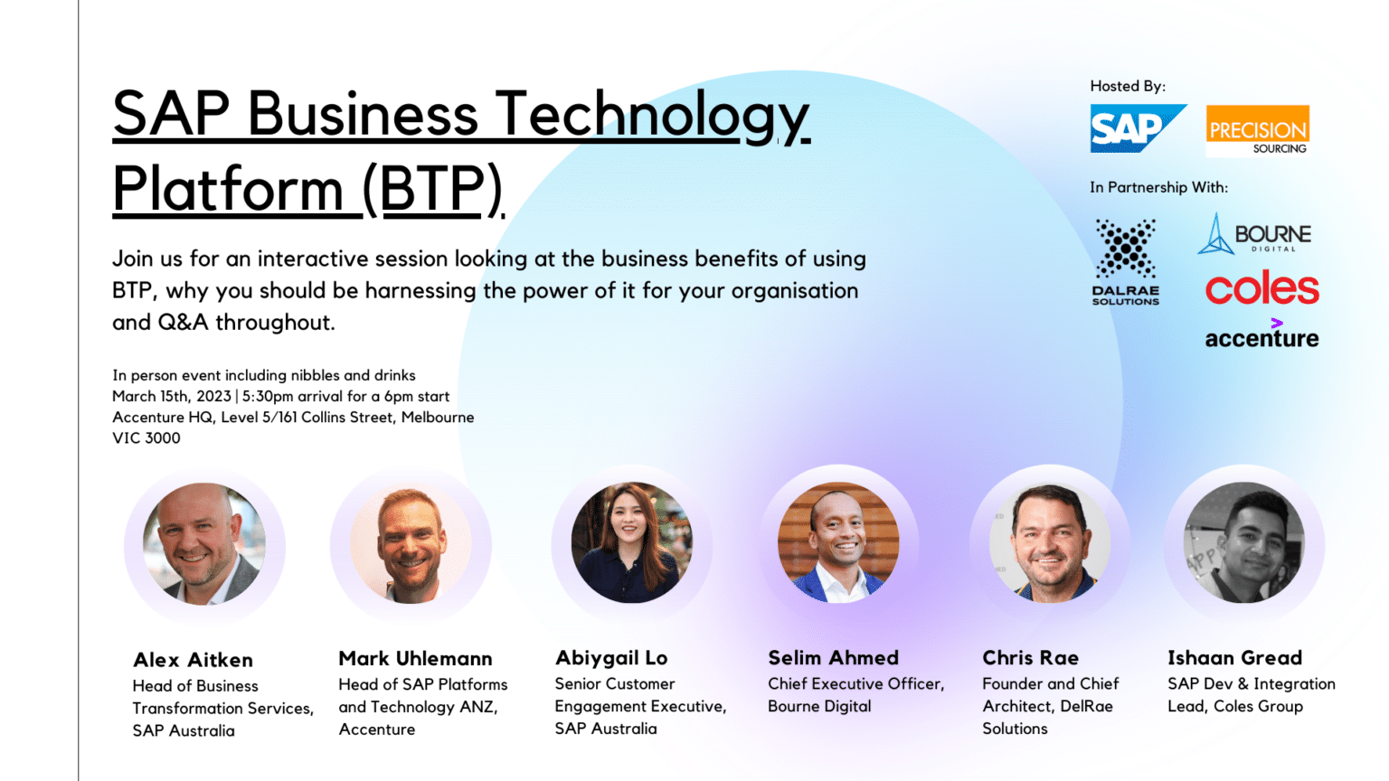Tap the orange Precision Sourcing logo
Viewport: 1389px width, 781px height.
(x=1258, y=131)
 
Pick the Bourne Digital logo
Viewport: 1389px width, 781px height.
(x=1254, y=234)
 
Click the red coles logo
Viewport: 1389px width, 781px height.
(x=1261, y=287)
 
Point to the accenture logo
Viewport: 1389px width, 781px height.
(x=1261, y=334)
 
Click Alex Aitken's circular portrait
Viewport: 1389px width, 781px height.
(x=204, y=543)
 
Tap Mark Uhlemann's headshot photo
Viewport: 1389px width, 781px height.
(x=411, y=543)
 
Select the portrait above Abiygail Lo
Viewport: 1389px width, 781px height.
(x=632, y=543)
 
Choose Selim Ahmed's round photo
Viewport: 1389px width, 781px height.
(x=838, y=543)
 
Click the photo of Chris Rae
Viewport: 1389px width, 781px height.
(x=1050, y=543)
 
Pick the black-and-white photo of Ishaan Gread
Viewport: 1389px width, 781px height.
(x=1244, y=543)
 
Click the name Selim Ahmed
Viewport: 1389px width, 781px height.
(x=834, y=658)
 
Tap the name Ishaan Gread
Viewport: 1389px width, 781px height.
(x=1234, y=658)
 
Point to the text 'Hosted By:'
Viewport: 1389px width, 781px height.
(x=1128, y=86)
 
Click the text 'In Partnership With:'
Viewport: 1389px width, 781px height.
(x=1159, y=187)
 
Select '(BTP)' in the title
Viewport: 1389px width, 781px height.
(x=433, y=189)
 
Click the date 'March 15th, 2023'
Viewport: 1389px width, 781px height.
(x=172, y=396)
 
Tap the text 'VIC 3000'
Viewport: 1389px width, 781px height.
(x=146, y=438)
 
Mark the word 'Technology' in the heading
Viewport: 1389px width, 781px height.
(x=653, y=116)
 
